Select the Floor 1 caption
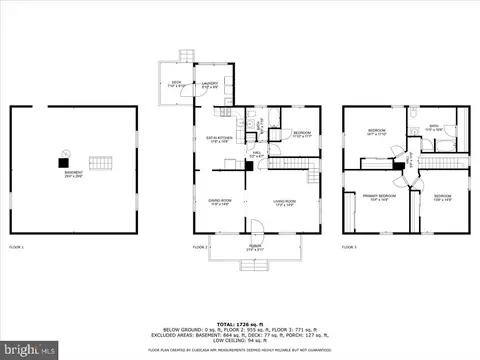16,246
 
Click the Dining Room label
207,203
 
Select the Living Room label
282,203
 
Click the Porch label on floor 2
255,247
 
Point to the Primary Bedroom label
379,196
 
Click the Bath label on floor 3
434,129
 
